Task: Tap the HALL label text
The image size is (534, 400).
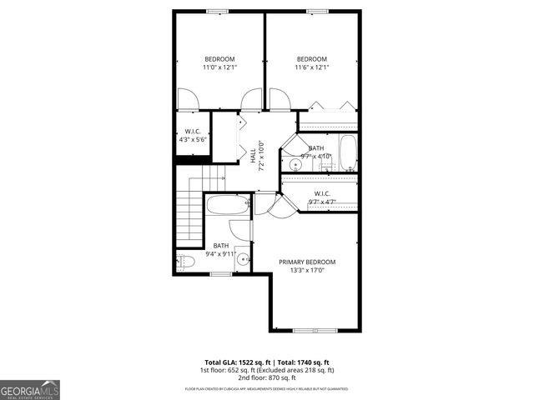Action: click(253, 155)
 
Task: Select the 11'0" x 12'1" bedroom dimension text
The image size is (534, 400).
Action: click(219, 67)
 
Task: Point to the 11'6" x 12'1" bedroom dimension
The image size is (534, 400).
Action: click(312, 67)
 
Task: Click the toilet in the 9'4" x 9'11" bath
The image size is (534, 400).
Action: click(186, 262)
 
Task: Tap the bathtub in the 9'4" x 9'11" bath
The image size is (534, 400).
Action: click(226, 206)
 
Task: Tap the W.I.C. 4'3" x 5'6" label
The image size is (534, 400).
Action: click(191, 136)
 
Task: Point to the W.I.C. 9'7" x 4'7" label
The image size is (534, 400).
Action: click(322, 197)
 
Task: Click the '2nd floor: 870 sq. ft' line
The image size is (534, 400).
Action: click(267, 377)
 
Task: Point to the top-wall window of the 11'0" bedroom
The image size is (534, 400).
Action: click(219, 11)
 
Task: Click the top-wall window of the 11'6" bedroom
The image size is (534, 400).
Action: click(312, 11)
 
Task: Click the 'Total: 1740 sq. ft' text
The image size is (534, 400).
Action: click(307, 362)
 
